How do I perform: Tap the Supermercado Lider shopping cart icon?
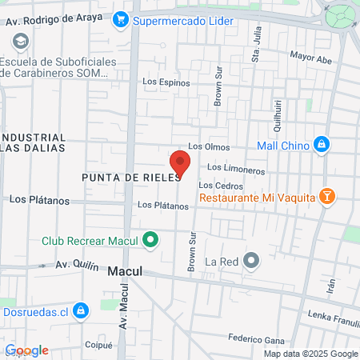pyautogui.click(x=121, y=18)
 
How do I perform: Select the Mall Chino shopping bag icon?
pyautogui.click(x=321, y=144)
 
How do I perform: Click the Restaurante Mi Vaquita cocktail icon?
pyautogui.click(x=326, y=197)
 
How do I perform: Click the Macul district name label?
pyautogui.click(x=125, y=272)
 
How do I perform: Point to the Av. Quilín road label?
pyautogui.click(x=77, y=265)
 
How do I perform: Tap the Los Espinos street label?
pyautogui.click(x=166, y=82)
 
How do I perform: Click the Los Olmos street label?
pyautogui.click(x=209, y=147)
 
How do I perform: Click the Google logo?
pyautogui.click(x=27, y=350)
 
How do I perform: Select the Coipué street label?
pyautogui.click(x=98, y=346)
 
